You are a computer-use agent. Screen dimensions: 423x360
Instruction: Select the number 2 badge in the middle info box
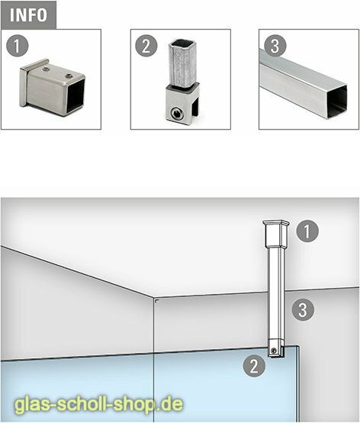(146, 45)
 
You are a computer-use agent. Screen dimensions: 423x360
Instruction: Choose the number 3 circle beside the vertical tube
(303, 310)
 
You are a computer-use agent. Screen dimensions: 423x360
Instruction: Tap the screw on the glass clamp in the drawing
(273, 351)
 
